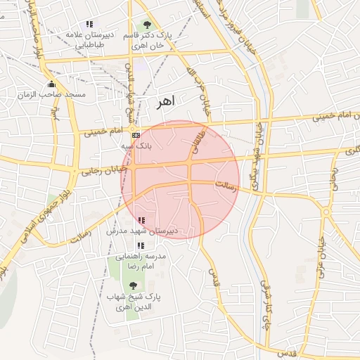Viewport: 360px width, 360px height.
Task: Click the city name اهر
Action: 164,103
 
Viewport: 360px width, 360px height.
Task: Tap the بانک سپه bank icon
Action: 136,135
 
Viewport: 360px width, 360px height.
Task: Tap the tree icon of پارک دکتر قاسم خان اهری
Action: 146,25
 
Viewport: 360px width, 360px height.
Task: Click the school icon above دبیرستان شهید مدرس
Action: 142,220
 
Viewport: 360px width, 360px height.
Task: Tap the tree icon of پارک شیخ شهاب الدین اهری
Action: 134,285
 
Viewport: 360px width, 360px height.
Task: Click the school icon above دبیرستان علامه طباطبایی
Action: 89,24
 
